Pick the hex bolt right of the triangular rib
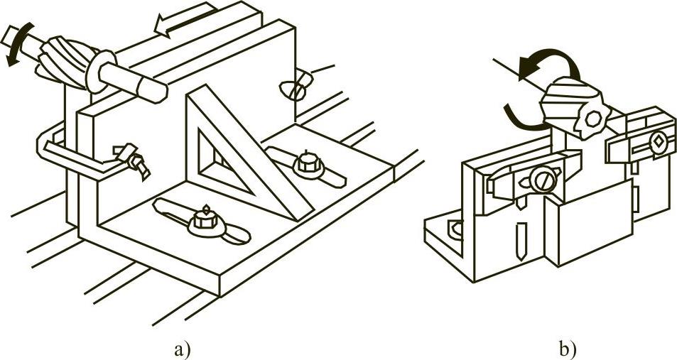[x=306, y=163]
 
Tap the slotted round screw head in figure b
[x=543, y=180]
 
